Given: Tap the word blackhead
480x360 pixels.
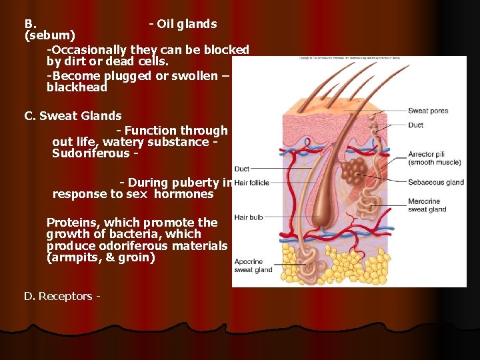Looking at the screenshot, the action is [x=77, y=87].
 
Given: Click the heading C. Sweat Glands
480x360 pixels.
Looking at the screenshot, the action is [x=73, y=116].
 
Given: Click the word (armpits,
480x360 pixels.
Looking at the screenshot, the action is [x=74, y=257].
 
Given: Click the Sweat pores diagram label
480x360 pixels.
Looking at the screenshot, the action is [x=428, y=111].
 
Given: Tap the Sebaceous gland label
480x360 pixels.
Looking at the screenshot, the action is [x=436, y=182].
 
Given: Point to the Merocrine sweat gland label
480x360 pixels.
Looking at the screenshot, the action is [x=427, y=205].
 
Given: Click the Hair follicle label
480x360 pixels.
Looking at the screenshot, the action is [x=252, y=183].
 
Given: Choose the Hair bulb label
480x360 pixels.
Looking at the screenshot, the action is [x=248, y=217].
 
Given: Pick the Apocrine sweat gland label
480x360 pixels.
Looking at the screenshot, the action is [x=253, y=266].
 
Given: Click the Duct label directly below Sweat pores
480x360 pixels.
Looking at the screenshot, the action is [x=415, y=125].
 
